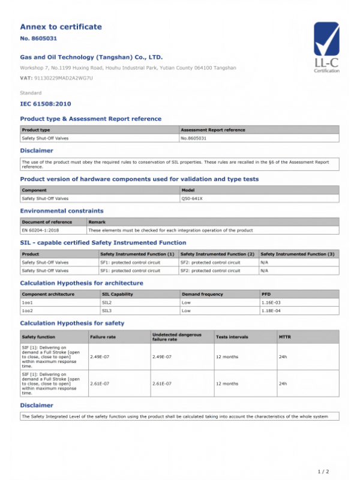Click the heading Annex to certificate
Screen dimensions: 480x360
[x=61, y=26]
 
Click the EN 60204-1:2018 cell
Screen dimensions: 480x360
[x=44, y=230]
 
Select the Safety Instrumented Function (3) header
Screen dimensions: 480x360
[x=297, y=254]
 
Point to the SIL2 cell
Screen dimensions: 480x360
[x=108, y=302]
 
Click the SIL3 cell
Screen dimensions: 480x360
[x=108, y=311]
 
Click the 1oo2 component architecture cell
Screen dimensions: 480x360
[x=27, y=311]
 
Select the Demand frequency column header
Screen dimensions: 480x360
[x=202, y=294]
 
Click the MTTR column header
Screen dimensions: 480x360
[x=285, y=337]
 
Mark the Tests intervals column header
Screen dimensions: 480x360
[x=232, y=337]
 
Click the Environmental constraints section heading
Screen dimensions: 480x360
[x=62, y=211]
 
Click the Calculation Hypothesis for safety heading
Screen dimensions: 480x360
[x=72, y=323]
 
